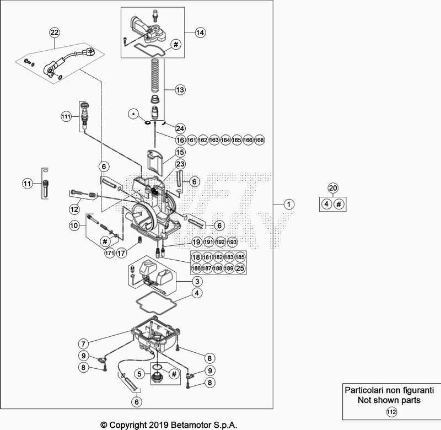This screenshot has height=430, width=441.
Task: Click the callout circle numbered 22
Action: coord(54,33)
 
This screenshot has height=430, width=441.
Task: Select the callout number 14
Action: coord(199,33)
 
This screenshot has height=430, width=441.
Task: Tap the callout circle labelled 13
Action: coord(180,89)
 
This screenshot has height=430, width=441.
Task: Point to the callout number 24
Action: coord(180,128)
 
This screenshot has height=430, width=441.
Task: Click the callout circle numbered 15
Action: coord(180,152)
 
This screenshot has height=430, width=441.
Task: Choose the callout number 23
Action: coord(180,164)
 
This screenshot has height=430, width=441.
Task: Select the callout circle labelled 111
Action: coord(66,116)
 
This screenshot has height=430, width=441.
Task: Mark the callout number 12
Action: coord(74,209)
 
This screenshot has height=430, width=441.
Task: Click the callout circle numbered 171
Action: coord(109,253)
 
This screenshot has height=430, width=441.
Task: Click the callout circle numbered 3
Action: coord(196,281)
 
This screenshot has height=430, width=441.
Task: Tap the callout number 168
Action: coord(260,140)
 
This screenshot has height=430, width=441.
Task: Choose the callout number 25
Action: coord(240,268)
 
